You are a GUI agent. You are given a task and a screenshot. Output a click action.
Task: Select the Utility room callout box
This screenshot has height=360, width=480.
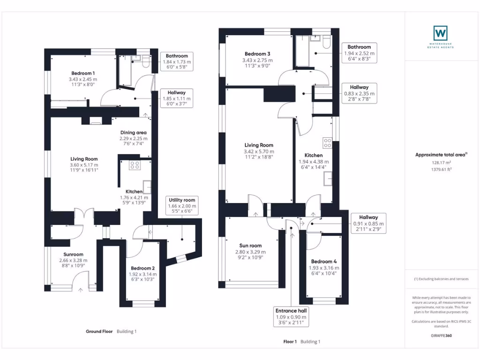coord(182,206)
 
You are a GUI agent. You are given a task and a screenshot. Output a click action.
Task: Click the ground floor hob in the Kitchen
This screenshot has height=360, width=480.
coord(135,165)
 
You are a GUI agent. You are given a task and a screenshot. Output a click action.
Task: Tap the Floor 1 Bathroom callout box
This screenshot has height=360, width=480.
coord(359,53)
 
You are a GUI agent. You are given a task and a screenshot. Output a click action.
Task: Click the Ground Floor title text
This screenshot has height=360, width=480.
coord(99,331)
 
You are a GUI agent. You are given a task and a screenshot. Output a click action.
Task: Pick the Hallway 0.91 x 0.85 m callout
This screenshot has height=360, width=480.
coord(368,224)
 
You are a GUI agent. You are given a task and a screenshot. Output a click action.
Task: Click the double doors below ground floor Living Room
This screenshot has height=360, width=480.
coord(83,216)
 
